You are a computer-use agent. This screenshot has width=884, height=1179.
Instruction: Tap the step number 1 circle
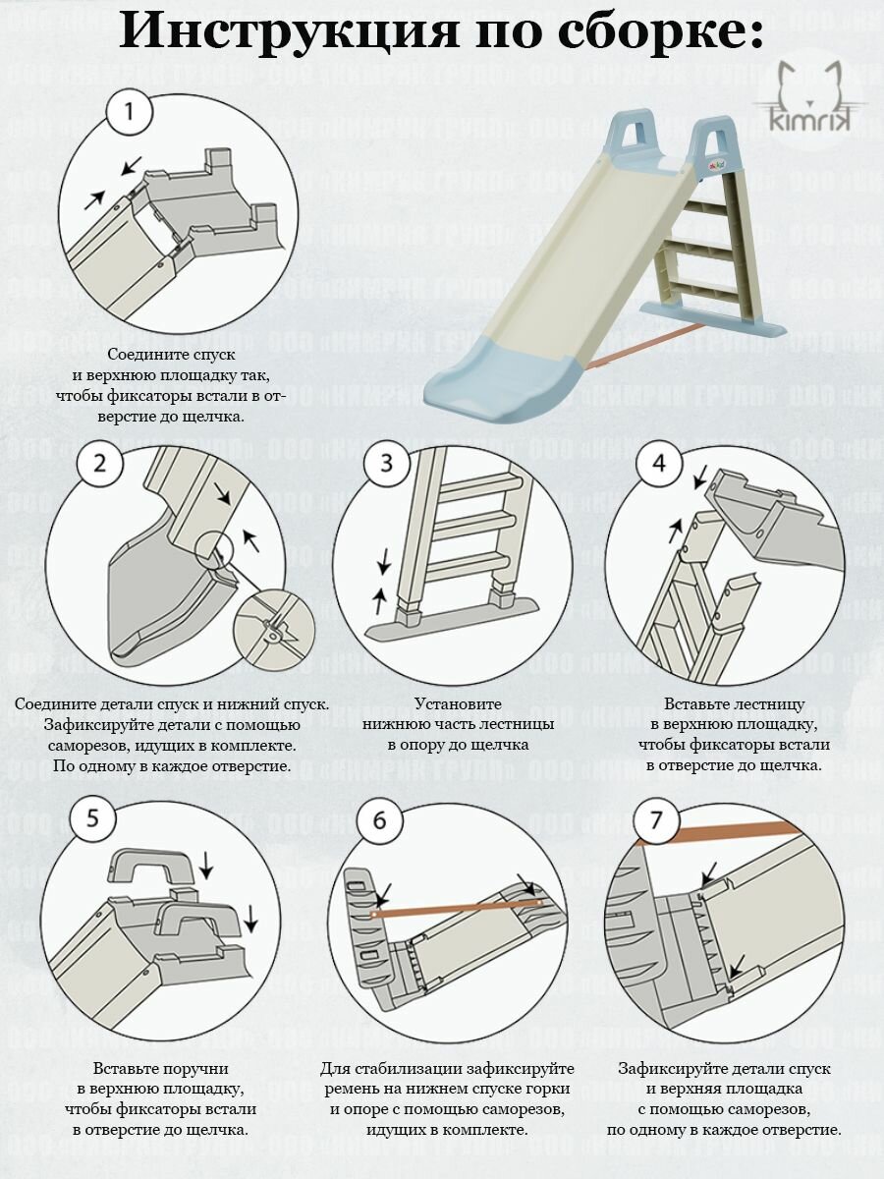click(x=130, y=113)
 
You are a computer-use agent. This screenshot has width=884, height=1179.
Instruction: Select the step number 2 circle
click(x=100, y=464)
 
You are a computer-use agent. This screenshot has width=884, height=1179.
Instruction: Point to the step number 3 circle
click(x=388, y=464)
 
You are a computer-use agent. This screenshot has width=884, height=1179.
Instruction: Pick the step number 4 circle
click(x=660, y=464)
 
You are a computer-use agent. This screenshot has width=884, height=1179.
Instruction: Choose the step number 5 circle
click(x=93, y=820)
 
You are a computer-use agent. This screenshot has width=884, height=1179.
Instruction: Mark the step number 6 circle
click(x=379, y=820)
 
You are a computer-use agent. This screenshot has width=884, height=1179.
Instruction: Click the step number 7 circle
click(x=656, y=820)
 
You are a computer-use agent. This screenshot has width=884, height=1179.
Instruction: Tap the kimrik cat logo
click(x=810, y=105)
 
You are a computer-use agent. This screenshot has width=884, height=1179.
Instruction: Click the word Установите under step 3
click(x=458, y=703)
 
